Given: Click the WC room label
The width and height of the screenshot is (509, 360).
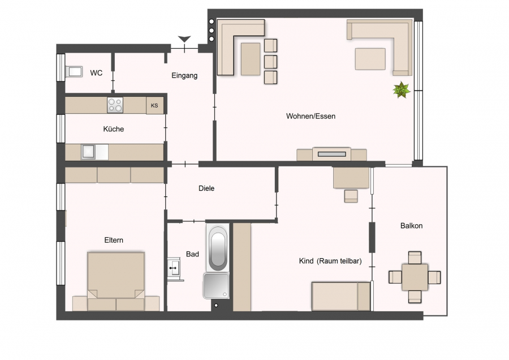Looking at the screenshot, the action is (x=96, y=73).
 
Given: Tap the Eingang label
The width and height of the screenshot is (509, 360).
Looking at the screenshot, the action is (x=184, y=76).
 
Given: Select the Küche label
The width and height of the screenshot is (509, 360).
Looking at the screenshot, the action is (x=113, y=129).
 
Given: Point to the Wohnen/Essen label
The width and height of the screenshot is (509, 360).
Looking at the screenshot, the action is (x=310, y=116).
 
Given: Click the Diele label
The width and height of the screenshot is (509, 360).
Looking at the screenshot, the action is (x=206, y=188).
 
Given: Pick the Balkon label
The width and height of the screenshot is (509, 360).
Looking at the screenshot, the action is (x=411, y=226).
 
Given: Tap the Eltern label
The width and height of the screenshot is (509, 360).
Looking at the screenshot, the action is (x=114, y=241).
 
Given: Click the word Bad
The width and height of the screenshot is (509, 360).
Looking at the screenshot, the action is (x=192, y=254).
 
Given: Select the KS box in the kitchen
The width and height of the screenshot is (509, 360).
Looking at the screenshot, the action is (x=154, y=105).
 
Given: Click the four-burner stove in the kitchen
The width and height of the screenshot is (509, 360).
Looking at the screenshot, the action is (x=115, y=105).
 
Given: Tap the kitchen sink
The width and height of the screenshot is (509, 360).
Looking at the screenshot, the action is (x=88, y=152).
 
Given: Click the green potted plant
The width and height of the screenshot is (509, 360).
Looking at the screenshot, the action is (x=402, y=89).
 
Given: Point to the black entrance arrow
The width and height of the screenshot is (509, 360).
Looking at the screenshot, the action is (x=184, y=39).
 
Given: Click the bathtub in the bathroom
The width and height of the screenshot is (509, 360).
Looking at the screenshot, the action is (x=218, y=247).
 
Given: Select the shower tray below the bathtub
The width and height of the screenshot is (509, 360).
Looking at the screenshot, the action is (x=216, y=286).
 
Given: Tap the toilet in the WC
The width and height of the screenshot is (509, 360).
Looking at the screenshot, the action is (x=74, y=71).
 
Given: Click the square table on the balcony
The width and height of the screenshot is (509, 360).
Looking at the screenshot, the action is (x=415, y=277).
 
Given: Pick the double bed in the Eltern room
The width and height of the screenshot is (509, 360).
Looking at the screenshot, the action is (x=116, y=281).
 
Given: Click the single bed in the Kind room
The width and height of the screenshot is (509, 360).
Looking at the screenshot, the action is (x=341, y=296).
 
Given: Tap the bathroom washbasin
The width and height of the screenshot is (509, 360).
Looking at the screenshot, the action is (x=174, y=268).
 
